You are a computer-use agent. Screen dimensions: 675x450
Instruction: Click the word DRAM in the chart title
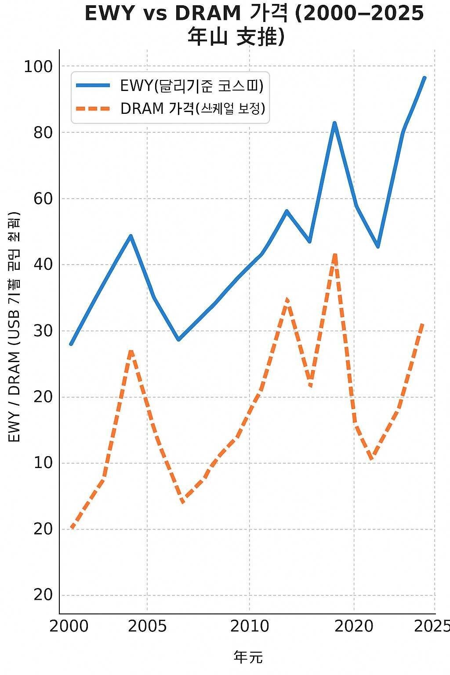pyautogui.click(x=208, y=14)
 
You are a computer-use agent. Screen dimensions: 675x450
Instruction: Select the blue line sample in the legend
pyautogui.click(x=93, y=86)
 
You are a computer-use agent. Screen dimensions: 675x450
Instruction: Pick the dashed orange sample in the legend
pyautogui.click(x=93, y=108)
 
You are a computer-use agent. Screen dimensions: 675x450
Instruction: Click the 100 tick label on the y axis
pyautogui.click(x=38, y=67)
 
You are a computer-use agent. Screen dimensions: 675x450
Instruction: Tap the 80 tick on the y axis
pyautogui.click(x=43, y=133)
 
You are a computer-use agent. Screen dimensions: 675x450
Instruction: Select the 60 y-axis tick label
pyautogui.click(x=43, y=199)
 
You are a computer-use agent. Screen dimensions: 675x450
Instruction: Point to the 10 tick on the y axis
pyautogui.click(x=43, y=463)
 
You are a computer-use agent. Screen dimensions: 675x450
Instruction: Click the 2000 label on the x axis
pyautogui.click(x=69, y=627)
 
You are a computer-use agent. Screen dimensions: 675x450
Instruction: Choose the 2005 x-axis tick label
pyautogui.click(x=147, y=627)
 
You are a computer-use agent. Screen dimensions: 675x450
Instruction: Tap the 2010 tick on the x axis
pyautogui.click(x=250, y=627)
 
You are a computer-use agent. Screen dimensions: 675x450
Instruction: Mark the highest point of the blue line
pyautogui.click(x=425, y=78)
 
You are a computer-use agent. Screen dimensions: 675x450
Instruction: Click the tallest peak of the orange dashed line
pyautogui.click(x=335, y=254)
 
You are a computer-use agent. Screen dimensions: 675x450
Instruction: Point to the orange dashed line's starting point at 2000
pyautogui.click(x=72, y=527)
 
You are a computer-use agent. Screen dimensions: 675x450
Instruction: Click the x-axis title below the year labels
pyautogui.click(x=248, y=657)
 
